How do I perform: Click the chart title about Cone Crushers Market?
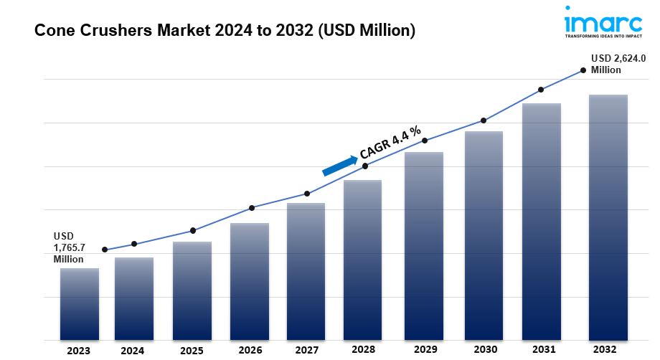coord(224,31)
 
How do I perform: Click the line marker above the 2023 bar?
coord(105,250)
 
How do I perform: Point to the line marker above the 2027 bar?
coord(307,194)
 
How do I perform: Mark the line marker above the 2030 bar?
coord(484,120)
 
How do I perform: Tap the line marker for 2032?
coord(583,70)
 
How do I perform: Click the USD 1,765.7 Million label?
coord(70,247)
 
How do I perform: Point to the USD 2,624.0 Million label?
coord(615,64)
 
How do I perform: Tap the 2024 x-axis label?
coord(132,351)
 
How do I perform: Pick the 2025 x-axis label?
coord(192,351)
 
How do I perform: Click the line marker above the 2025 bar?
coord(193,230)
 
